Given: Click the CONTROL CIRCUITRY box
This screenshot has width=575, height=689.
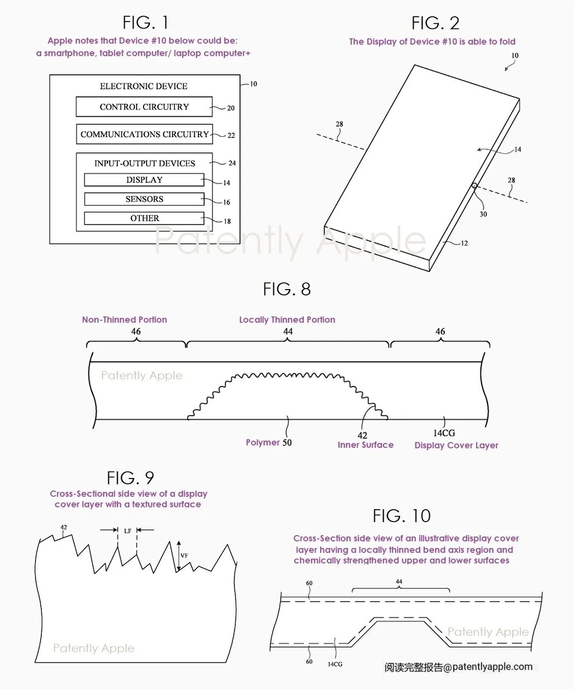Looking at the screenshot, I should tap(144, 107).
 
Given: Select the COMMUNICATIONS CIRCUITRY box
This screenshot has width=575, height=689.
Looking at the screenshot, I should tap(144, 134).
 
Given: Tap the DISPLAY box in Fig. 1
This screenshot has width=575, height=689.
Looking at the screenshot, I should tap(144, 180).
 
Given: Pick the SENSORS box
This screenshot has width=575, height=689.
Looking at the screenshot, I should tap(144, 199).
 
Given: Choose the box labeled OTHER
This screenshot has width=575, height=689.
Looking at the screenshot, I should tap(144, 219).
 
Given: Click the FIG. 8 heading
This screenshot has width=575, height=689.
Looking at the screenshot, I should tap(287, 289).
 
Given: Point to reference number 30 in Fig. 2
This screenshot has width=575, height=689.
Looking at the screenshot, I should tap(483, 214).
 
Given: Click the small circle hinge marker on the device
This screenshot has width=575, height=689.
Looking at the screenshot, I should tap(474, 186).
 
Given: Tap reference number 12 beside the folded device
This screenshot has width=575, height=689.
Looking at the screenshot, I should tap(464, 243).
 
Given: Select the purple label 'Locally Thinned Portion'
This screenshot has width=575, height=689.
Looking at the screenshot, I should tap(287, 320).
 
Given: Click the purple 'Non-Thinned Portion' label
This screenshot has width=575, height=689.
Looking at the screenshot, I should tap(124, 320).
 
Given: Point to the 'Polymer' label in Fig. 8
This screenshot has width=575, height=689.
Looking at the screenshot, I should tap(263, 442).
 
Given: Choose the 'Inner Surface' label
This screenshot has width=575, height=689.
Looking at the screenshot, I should tap(365, 445).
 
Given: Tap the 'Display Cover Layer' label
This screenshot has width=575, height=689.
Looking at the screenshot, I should tap(456, 445).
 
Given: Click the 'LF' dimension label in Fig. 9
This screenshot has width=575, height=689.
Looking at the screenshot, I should tap(127, 531).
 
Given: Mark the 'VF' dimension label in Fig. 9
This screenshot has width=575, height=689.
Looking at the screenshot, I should tap(184, 556).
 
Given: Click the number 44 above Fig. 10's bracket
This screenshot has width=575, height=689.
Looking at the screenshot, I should tap(399, 582).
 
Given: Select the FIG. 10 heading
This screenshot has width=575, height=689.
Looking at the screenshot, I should tap(401, 516).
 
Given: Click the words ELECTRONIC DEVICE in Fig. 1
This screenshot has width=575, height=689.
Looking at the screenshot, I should tap(144, 86).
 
